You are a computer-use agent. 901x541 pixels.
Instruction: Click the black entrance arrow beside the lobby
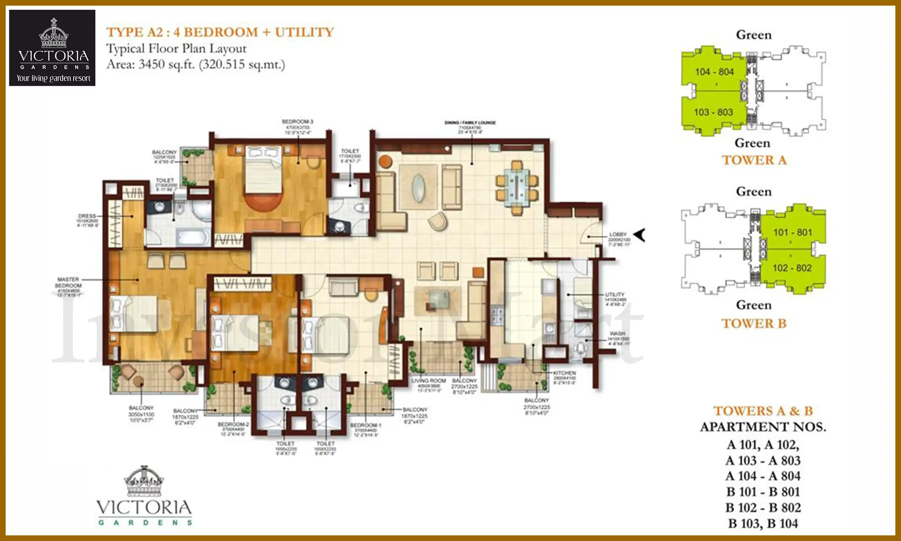[639, 235]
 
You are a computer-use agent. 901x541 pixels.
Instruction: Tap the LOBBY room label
[618, 234]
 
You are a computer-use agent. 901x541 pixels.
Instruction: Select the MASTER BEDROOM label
[68, 283]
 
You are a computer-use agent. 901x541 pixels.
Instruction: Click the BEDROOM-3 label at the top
[297, 122]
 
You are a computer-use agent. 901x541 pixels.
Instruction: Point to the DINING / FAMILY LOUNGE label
[470, 123]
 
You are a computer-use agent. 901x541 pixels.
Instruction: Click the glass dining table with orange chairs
[517, 187]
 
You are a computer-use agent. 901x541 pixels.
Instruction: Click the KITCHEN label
[564, 373]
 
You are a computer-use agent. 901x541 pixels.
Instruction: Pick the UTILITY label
[615, 295]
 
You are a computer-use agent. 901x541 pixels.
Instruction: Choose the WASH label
[617, 334]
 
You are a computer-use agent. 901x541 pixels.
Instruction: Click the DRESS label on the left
[87, 216]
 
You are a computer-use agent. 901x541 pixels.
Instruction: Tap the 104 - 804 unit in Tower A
[714, 72]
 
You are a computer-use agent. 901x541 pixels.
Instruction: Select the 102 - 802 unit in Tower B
[792, 268]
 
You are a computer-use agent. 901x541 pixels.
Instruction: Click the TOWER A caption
[754, 160]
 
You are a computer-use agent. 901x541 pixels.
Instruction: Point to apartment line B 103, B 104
[763, 523]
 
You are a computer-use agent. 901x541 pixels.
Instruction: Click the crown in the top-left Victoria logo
[54, 34]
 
